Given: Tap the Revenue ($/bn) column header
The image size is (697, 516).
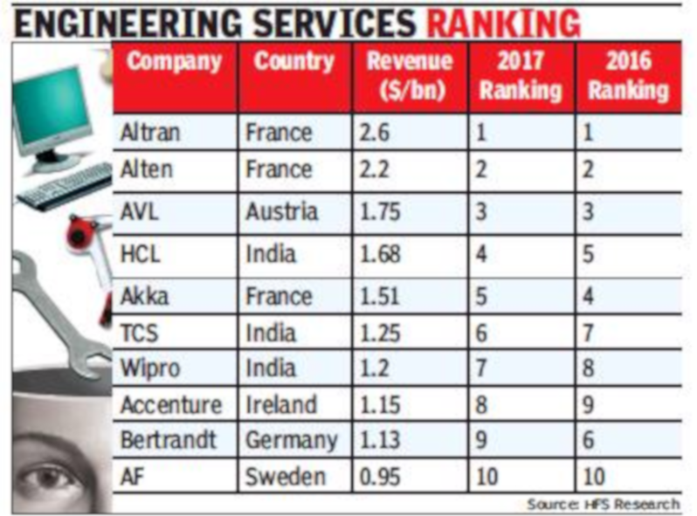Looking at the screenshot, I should (409, 76).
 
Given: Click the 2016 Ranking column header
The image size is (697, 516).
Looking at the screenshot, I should (627, 76).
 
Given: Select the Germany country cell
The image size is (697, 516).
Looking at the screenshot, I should (291, 441).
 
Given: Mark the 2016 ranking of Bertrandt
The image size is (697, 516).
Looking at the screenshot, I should (589, 441).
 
